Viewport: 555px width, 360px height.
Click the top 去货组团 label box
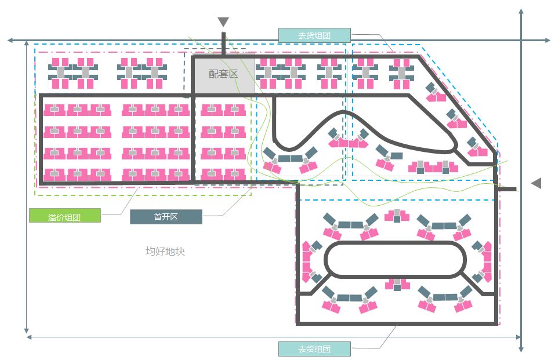[314, 35]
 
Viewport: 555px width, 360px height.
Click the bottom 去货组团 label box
[314, 349]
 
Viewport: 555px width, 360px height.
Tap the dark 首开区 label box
[166, 217]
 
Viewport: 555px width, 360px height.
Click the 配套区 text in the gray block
[223, 74]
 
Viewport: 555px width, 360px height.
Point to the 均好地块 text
[165, 252]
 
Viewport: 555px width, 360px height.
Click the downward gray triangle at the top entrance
[223, 23]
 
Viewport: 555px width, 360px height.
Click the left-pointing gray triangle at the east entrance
[536, 183]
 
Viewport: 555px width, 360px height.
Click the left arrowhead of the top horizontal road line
[10, 41]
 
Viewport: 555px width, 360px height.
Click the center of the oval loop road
[396, 259]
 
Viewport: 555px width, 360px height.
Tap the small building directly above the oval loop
[397, 216]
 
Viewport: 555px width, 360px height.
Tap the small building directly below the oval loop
[397, 285]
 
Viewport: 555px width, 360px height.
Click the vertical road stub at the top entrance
[223, 44]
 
